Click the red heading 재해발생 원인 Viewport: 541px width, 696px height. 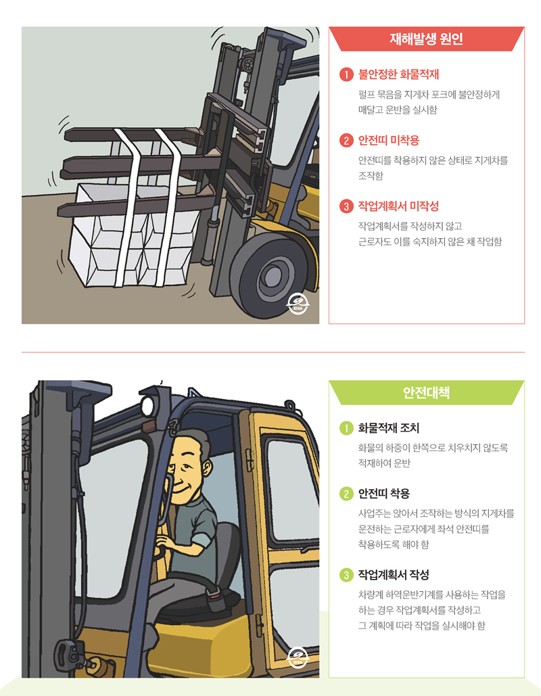point(426,39)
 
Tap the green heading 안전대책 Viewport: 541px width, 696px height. point(426,392)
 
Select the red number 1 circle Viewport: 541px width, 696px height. point(346,74)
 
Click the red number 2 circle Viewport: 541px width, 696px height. point(346,141)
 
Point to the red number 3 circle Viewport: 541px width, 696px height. point(346,206)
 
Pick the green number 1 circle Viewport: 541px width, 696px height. point(346,428)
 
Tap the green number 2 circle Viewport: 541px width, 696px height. point(346,494)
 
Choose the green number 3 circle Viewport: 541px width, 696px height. point(346,575)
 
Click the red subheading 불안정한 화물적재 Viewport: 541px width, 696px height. point(398,74)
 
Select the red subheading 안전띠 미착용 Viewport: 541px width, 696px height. point(389,140)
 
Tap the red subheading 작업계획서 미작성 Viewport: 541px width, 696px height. point(398,206)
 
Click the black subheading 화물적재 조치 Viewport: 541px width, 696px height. point(389,427)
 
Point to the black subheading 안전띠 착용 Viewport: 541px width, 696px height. point(384,493)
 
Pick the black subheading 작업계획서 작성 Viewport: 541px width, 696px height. point(394,575)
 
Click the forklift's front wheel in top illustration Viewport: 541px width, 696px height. point(269,275)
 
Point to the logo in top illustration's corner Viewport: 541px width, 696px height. point(298,304)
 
